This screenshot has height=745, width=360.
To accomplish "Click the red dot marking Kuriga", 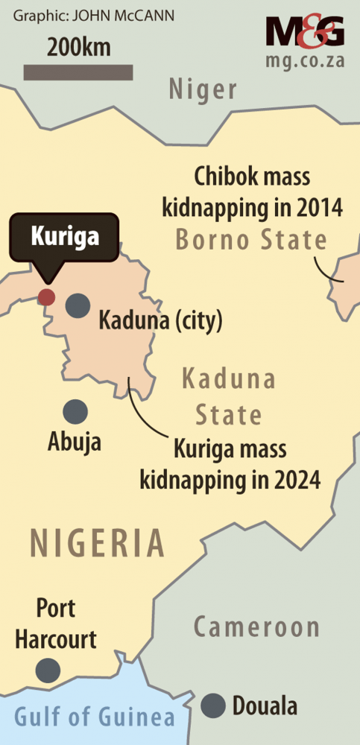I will [x=46, y=297].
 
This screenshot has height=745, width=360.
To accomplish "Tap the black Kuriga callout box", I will [x=64, y=238].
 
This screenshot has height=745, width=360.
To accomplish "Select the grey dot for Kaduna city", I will [x=76, y=305].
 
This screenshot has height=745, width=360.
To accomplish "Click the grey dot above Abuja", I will [x=75, y=411].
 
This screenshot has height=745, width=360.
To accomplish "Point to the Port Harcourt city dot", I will [x=49, y=670].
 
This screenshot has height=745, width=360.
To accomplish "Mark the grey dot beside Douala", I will [x=215, y=704].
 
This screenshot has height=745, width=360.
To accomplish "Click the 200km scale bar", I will [x=78, y=72].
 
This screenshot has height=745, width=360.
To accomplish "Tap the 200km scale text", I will [x=79, y=48].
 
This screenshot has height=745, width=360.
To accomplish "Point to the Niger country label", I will [x=203, y=90].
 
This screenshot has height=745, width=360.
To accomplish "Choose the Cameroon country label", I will [x=256, y=627].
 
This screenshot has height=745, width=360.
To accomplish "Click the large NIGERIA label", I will [x=96, y=542].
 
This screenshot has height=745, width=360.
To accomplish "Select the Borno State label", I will [x=251, y=240].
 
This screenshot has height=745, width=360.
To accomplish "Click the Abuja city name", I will [x=75, y=443].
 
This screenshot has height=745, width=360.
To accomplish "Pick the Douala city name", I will [x=265, y=706].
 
